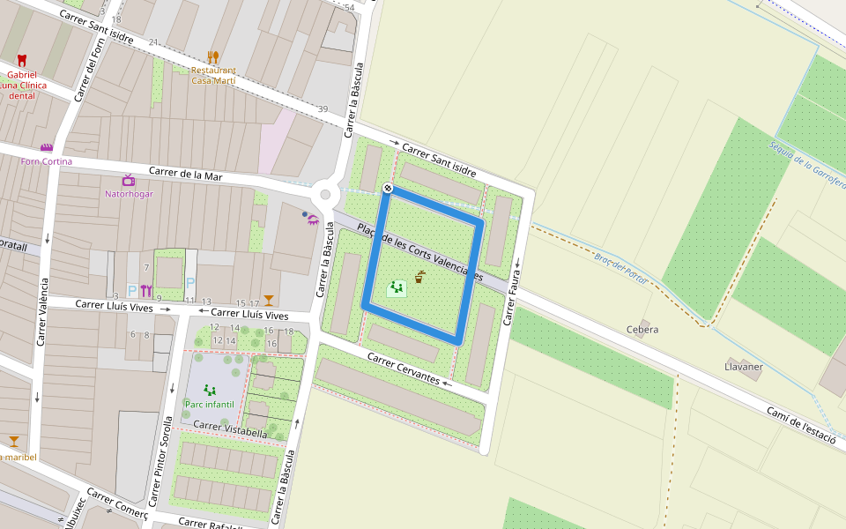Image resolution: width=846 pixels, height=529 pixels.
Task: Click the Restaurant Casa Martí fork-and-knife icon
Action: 212,57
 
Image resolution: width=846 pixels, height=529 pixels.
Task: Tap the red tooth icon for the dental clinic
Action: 22,61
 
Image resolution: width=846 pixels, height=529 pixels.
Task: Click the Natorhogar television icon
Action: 128,181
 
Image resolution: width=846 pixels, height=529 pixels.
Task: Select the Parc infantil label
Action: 210,404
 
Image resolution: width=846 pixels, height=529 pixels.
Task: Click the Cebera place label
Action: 642,330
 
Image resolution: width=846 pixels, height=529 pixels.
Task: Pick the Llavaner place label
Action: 743,366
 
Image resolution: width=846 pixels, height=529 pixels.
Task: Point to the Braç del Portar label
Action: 620,269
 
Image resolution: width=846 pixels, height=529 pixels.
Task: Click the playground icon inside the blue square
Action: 397,287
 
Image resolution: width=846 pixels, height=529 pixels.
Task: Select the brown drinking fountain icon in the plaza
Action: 420,277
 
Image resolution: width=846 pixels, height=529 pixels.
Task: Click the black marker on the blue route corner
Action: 388,188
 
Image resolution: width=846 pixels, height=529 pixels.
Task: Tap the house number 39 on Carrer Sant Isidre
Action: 323,109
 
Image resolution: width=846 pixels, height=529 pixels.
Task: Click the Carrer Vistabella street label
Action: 229,429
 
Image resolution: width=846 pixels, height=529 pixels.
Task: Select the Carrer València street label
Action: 42,309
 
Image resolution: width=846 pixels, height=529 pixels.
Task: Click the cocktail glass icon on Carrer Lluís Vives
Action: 268,301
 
